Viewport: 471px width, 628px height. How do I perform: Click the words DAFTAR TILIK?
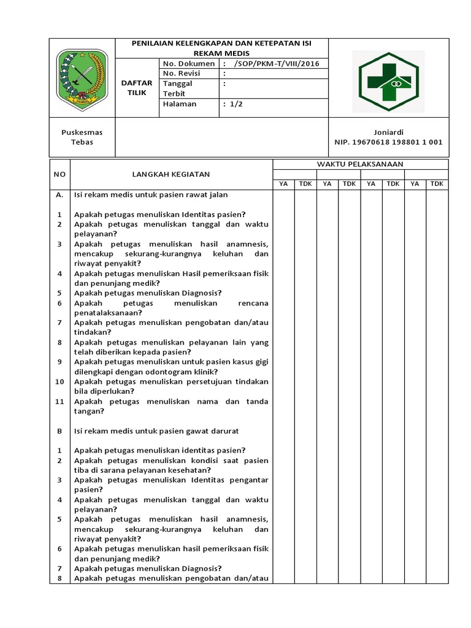pyautogui.click(x=137, y=88)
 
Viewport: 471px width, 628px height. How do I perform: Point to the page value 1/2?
pyautogui.click(x=236, y=104)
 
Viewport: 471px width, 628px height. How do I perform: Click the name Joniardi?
pyautogui.click(x=388, y=132)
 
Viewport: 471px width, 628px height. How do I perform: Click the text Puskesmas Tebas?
pyautogui.click(x=82, y=137)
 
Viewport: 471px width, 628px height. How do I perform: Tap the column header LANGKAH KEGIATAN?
pyautogui.click(x=171, y=174)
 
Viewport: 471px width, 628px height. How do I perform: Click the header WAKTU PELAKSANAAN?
pyautogui.click(x=360, y=164)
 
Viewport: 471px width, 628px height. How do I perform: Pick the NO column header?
pyautogui.click(x=59, y=174)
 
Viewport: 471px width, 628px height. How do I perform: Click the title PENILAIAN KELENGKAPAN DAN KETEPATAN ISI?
pyautogui.click(x=222, y=44)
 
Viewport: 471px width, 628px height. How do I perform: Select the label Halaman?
pyautogui.click(x=180, y=104)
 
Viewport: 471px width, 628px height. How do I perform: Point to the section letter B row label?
pyautogui.click(x=59, y=431)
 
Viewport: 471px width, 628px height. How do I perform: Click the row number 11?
pyautogui.click(x=59, y=402)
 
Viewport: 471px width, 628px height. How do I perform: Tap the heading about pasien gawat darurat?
pyautogui.click(x=156, y=431)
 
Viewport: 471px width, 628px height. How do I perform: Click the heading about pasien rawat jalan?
pyautogui.click(x=151, y=194)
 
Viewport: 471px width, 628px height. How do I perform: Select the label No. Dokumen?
pyautogui.click(x=189, y=64)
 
